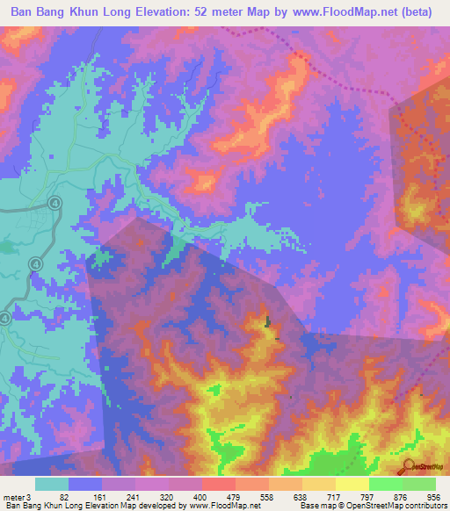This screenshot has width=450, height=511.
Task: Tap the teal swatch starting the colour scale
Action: pos(52,484)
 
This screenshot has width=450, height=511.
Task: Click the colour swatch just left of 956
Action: pos(419,484)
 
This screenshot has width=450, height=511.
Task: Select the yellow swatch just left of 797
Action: pos(352,484)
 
